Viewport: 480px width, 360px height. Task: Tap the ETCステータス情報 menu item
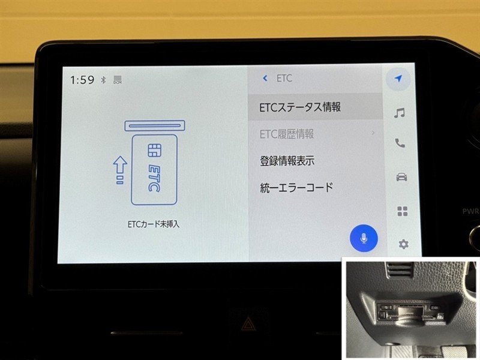coord(300,107)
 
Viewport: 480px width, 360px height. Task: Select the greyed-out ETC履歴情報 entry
coord(287,134)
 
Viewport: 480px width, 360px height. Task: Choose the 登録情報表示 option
coord(287,161)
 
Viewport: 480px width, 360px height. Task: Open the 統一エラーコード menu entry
coord(296,187)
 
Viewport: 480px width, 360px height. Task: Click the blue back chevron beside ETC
coord(265,79)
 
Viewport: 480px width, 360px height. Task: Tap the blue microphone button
coord(364,238)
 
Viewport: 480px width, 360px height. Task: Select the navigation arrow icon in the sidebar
coord(398,79)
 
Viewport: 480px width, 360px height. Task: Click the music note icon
coord(399,113)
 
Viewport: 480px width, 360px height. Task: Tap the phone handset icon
coord(400,143)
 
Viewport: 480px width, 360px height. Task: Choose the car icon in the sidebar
coord(401,177)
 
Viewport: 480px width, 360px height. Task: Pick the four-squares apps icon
coord(402,211)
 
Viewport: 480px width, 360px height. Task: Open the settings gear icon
coord(403,244)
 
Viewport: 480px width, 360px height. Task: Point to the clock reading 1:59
coord(82,80)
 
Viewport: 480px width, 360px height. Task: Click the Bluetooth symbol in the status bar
coord(103,80)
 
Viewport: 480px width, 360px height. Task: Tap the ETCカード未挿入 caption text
coord(154,224)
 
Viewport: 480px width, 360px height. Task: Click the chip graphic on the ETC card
coord(155,151)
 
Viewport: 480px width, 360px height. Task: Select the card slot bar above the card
coord(155,126)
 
